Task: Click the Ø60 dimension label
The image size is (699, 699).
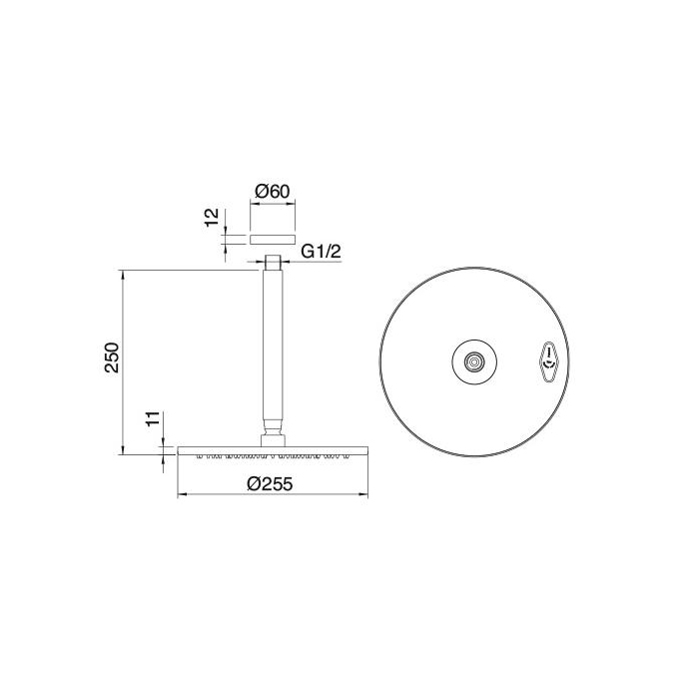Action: tap(272, 190)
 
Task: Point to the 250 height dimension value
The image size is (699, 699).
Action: tap(112, 358)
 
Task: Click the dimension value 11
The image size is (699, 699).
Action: tap(151, 419)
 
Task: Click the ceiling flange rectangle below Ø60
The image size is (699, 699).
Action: tap(273, 238)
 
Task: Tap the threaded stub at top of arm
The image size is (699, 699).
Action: tap(273, 264)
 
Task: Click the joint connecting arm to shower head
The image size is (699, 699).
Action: tap(273, 436)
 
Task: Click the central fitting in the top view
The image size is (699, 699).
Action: tap(474, 360)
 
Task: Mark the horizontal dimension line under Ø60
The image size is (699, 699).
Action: tap(273, 206)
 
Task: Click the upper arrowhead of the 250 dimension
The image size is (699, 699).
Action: tap(123, 272)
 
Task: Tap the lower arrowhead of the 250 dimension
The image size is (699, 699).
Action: tap(123, 449)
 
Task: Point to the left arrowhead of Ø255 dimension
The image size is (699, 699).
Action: tap(180, 495)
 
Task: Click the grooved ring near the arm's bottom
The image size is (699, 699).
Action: tap(273, 419)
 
